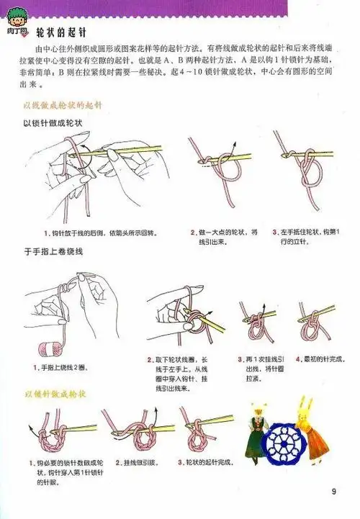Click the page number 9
pos(333,492)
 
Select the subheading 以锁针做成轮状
pos(51,122)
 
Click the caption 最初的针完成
pos(315,358)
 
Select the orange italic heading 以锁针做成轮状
pos(56,394)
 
